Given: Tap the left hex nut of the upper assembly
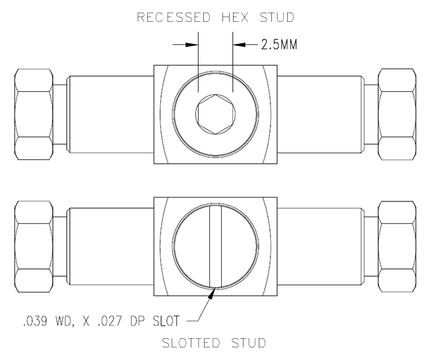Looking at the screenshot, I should click(x=34, y=114).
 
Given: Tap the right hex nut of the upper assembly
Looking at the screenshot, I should click(x=396, y=114).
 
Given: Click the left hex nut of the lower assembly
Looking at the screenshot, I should click(x=34, y=246).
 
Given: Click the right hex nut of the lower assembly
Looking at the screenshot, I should click(x=396, y=246).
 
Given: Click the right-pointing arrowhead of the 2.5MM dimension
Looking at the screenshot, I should click(x=191, y=45).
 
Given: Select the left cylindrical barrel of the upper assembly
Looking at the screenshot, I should click(x=110, y=114).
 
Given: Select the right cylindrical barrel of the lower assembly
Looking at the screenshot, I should click(x=319, y=246).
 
